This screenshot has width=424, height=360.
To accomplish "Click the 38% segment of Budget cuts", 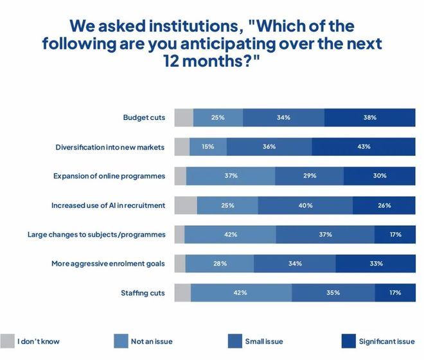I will click(x=369, y=117).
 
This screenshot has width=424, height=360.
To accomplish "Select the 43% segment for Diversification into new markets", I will click(x=364, y=147).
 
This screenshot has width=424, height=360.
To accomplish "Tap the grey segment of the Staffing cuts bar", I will click(x=182, y=293).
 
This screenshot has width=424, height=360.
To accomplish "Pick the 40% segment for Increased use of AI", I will click(x=305, y=205).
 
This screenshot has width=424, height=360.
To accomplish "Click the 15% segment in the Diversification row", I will click(x=208, y=147).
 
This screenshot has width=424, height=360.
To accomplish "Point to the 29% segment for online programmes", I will click(x=309, y=176).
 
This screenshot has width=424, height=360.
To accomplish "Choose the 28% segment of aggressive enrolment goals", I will click(x=220, y=264).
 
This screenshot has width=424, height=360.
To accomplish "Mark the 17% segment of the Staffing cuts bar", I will click(x=394, y=293).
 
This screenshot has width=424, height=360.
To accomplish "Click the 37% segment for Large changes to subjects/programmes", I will click(x=325, y=234).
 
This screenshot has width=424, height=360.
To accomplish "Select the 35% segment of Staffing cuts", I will click(x=332, y=293).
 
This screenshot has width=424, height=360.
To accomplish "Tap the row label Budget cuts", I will click(x=144, y=117).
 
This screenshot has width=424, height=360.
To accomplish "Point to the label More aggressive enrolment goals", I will click(x=108, y=264).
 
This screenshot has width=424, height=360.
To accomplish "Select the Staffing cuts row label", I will click(x=143, y=293).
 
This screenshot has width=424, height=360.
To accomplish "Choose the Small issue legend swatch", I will click(x=235, y=341).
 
